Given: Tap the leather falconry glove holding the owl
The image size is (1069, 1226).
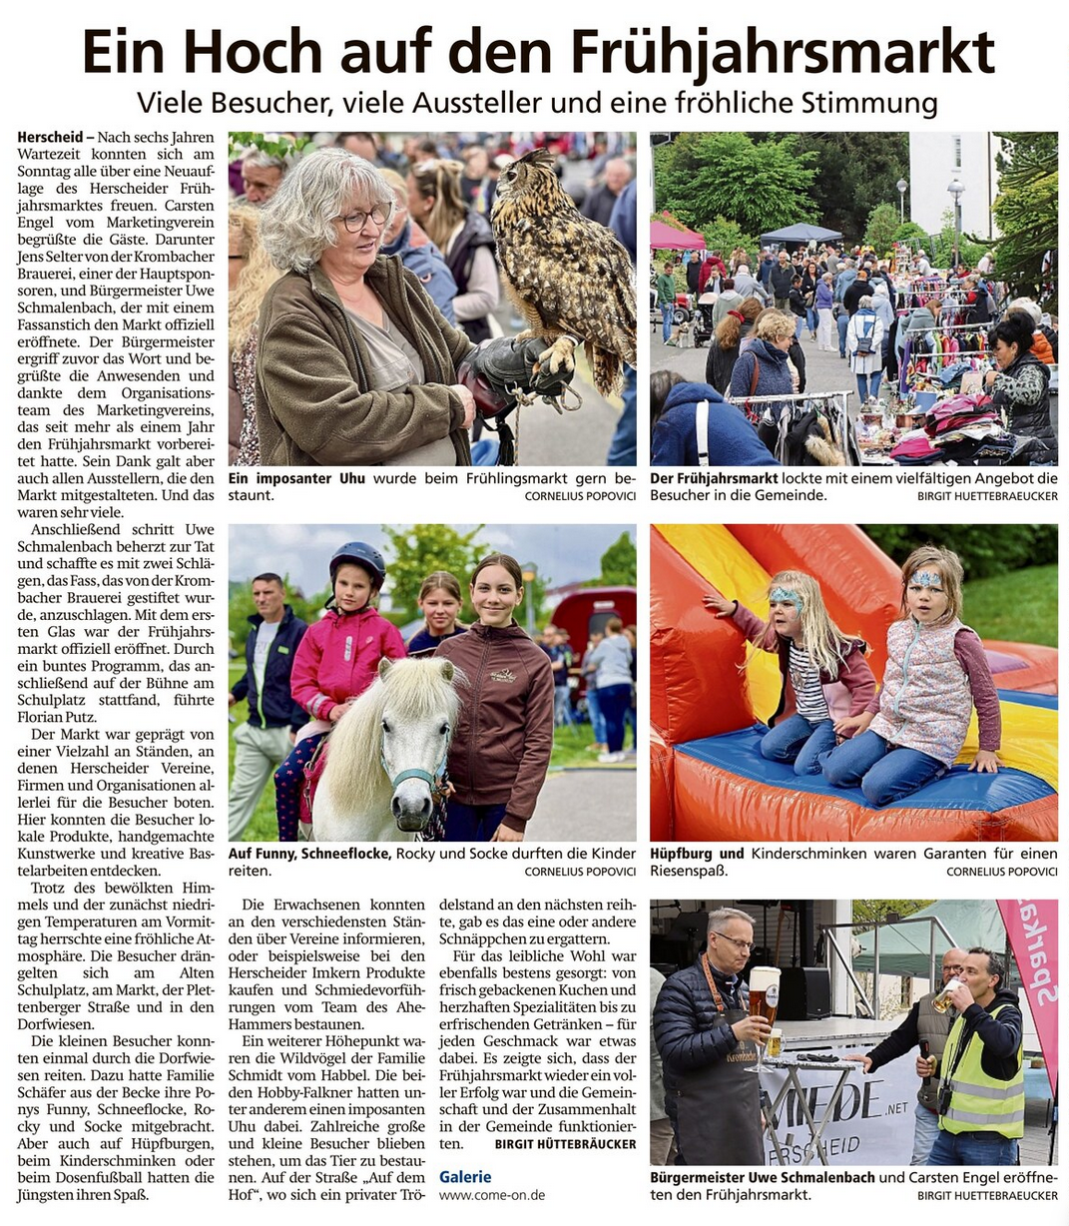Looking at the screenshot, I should pos(509,364).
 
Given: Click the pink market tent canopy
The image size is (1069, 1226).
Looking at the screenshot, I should pos(675,237).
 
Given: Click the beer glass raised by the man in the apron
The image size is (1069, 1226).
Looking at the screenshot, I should pos(764,994).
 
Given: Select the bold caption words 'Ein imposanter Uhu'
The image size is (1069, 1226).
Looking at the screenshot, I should pos(296,479).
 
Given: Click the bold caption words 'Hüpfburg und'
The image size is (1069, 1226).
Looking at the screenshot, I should pos(697,854).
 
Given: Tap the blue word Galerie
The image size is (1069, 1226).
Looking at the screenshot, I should pos(465,1177).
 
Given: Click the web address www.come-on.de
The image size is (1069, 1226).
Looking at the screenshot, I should pos(492,1195).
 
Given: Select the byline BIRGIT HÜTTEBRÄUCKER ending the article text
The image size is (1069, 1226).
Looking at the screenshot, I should pos(565,1144).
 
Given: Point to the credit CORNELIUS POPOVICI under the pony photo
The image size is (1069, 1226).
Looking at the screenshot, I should pos(580,872).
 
